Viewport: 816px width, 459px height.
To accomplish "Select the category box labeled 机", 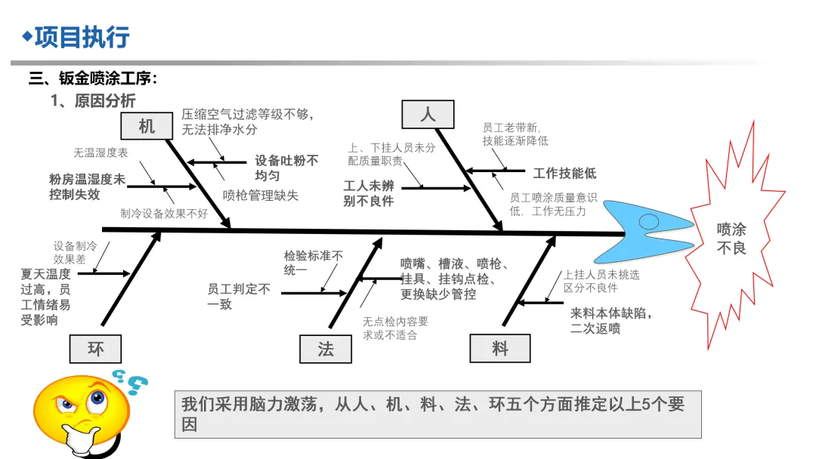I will (x=147, y=126).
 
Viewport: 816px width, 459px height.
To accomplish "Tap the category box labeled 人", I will (x=428, y=114).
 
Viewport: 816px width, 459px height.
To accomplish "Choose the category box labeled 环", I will (x=96, y=349).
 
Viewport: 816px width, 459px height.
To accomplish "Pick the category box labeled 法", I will (x=326, y=349).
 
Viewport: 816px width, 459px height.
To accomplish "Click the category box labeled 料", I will (x=499, y=349).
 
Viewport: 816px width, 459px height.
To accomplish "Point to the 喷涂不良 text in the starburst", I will (x=731, y=238).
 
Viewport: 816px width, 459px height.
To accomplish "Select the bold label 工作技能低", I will (x=564, y=174).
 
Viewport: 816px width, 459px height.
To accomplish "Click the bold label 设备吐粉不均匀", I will (x=286, y=168).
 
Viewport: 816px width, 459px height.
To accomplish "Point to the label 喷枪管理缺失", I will (x=261, y=196).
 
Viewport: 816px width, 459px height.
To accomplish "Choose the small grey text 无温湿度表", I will (x=100, y=152).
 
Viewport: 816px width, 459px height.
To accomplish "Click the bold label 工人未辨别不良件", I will (x=369, y=193).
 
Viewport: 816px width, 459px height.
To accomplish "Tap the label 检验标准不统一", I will (x=314, y=263).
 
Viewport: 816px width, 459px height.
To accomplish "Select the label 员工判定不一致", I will (x=239, y=296).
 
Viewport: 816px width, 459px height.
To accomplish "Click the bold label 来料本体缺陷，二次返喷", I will (x=611, y=320).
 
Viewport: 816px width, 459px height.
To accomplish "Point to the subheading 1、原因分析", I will (x=93, y=101).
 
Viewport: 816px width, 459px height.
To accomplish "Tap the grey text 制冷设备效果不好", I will (x=164, y=214).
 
